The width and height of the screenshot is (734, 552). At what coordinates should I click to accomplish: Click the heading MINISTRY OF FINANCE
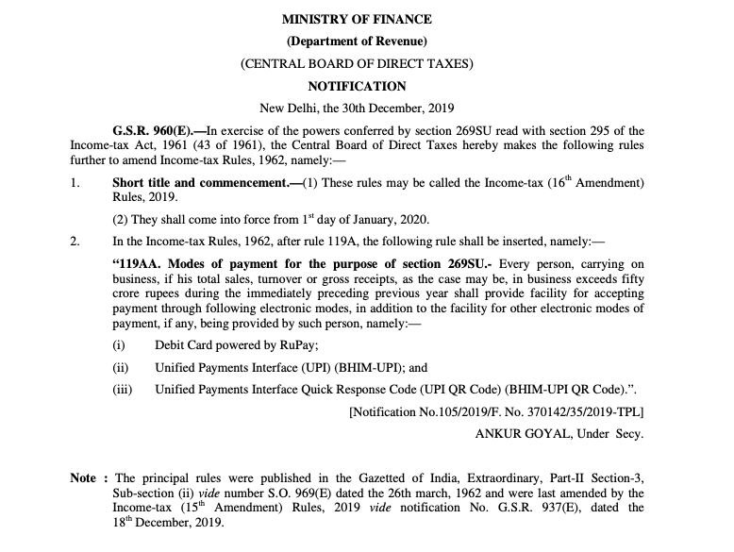(358, 20)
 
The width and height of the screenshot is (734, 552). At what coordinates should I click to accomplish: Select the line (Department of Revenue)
(358, 42)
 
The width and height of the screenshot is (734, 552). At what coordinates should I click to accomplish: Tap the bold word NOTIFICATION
(357, 87)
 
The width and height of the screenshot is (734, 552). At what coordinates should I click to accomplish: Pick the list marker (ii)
(120, 368)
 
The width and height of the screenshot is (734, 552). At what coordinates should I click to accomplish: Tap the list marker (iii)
(122, 388)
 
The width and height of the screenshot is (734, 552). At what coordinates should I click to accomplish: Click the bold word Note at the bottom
(83, 478)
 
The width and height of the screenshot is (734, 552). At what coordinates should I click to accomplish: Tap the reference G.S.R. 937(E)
(528, 508)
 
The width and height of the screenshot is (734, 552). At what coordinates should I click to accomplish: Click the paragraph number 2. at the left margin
(75, 241)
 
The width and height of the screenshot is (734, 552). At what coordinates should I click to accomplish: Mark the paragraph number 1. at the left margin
(75, 180)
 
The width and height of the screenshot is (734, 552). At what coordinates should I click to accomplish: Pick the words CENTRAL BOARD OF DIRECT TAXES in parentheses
(358, 64)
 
